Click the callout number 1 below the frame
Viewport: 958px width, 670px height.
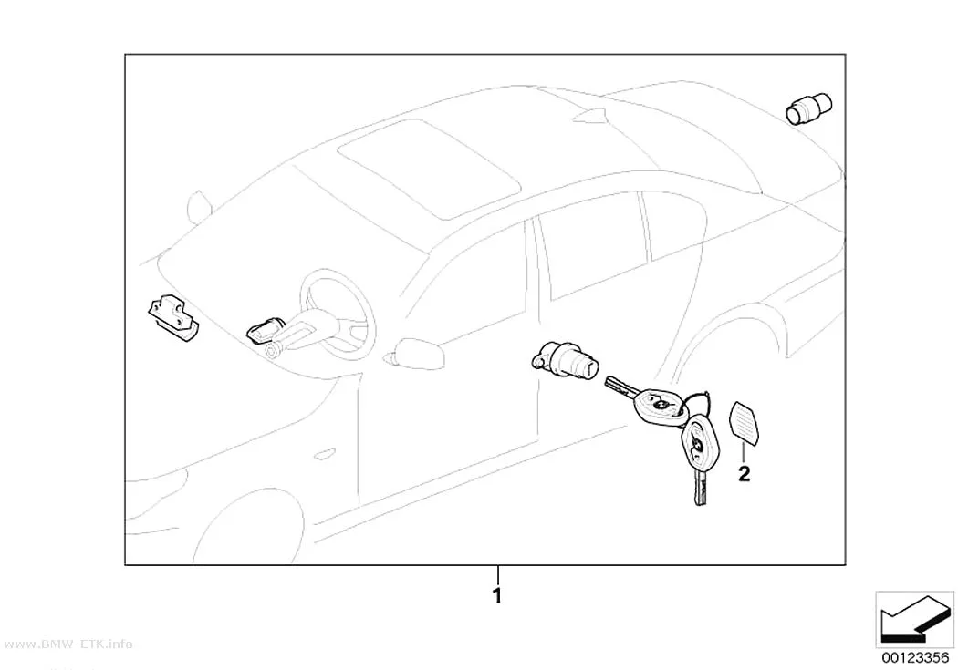[x=497, y=595]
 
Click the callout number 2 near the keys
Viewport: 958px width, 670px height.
[x=744, y=473]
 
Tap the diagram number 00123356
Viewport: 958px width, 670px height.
[x=914, y=657]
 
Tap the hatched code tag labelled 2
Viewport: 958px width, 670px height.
[x=744, y=422]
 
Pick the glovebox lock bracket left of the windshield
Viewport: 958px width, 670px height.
[x=173, y=317]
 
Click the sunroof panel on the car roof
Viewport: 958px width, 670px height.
[x=429, y=169]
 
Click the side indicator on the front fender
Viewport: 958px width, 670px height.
[x=324, y=453]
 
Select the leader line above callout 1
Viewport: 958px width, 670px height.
[x=498, y=575]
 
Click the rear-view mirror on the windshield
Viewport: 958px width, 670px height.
[x=199, y=207]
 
